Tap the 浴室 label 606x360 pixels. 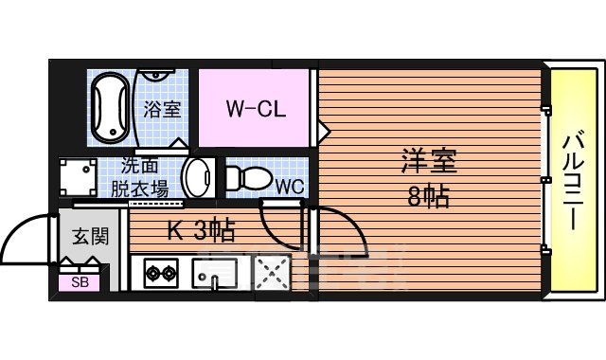[161, 108]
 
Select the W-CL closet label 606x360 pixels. [255, 107]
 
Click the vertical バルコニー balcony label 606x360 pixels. [571, 180]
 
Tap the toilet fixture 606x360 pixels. [248, 178]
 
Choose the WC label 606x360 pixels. [289, 186]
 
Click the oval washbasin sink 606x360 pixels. [197, 176]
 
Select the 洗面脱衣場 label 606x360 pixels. [140, 176]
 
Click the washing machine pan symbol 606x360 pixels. [78, 178]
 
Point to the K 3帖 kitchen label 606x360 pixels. [202, 230]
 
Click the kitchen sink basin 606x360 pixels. [214, 275]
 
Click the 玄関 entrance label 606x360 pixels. [85, 235]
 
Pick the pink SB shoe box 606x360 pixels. [80, 282]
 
